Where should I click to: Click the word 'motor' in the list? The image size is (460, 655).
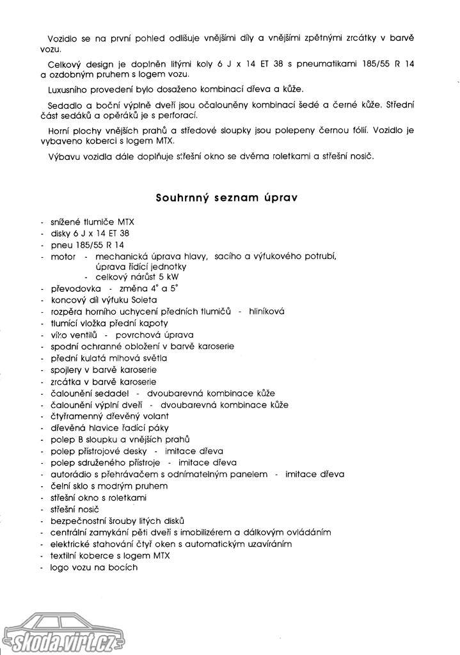click(x=63, y=256)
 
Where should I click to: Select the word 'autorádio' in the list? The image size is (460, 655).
click(x=70, y=474)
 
